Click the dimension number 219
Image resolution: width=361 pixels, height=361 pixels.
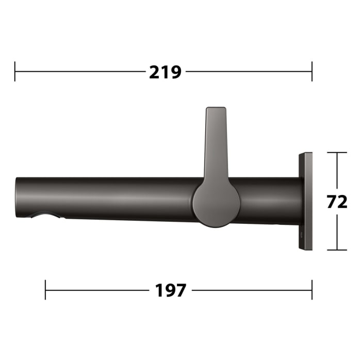(165, 72)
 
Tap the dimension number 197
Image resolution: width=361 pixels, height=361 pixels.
(170, 290)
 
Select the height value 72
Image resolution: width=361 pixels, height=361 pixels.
(337, 202)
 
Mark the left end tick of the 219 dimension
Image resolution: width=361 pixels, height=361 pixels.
(15, 71)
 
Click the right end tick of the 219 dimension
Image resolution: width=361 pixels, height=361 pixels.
(312, 71)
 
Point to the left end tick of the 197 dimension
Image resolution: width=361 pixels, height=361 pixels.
(45, 290)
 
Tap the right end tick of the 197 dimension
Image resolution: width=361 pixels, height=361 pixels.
(312, 290)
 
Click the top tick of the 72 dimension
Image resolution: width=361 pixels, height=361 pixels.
(337, 153)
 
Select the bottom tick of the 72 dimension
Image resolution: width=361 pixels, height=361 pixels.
(337, 250)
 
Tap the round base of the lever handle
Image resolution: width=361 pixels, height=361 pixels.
(216, 203)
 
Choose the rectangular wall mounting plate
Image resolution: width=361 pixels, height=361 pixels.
(305, 201)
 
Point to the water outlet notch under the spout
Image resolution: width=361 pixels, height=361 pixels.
(44, 216)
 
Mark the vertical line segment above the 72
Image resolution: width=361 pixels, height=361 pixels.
(337, 170)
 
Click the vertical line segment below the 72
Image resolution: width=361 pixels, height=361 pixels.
(337, 232)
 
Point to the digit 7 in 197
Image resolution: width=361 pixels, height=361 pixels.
(178, 290)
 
